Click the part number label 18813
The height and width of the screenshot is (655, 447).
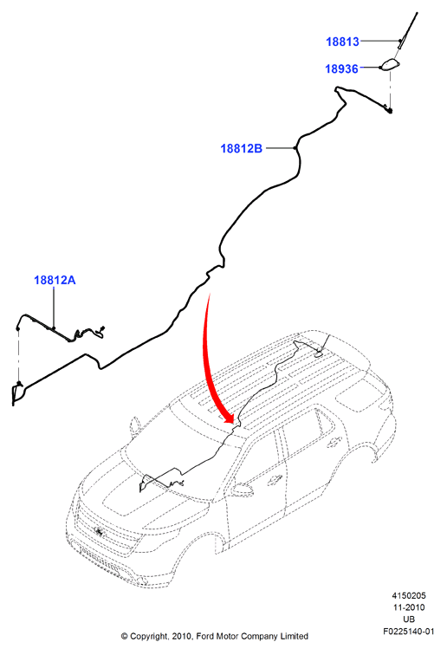point(342,42)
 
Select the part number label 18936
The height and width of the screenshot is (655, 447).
point(341,68)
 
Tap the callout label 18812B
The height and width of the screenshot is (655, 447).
point(242,148)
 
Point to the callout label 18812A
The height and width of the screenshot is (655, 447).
point(55,280)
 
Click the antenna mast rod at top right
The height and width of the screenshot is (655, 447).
point(408,30)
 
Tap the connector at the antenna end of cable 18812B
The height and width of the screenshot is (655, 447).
point(389,111)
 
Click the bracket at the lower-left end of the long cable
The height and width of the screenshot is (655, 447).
point(17,393)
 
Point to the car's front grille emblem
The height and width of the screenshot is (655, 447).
point(100,531)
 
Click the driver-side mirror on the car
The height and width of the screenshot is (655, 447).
point(243,490)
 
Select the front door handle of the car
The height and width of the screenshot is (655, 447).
point(274,480)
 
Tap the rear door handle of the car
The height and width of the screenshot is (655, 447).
point(334,441)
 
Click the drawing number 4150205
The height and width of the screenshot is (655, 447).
point(409,596)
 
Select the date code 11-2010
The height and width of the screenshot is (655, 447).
point(409,607)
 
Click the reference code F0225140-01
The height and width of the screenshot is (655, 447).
point(409,632)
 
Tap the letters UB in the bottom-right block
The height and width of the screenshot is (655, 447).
point(409,619)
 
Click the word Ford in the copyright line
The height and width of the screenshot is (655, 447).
point(205,636)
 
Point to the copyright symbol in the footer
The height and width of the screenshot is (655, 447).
point(124,637)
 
